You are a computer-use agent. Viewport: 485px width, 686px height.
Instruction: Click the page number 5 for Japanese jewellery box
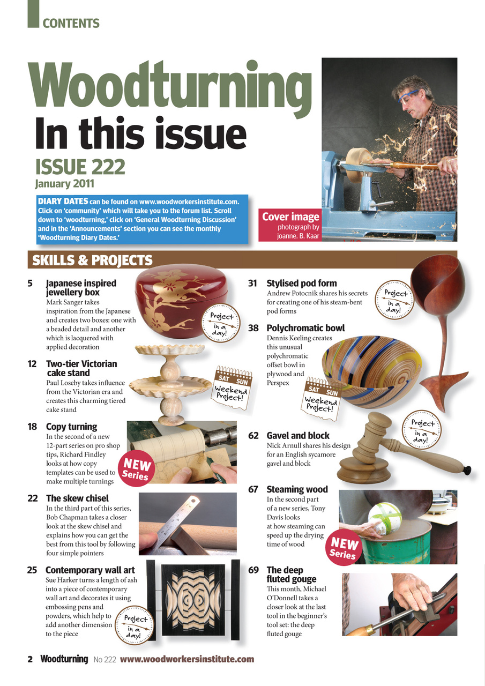31,283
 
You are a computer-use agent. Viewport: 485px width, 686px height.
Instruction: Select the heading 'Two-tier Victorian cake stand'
81,368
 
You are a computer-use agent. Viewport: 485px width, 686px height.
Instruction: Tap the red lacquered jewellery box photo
181,303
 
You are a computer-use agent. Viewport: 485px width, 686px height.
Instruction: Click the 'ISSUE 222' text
80,167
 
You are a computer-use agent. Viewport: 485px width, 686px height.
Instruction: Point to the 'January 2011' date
64,184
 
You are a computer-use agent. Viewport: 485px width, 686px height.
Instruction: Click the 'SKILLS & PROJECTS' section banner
92,260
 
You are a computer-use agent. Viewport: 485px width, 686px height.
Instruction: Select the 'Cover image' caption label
290,217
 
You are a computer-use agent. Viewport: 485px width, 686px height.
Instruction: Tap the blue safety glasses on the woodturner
409,95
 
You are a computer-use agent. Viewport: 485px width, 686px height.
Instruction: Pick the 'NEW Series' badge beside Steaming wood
343,548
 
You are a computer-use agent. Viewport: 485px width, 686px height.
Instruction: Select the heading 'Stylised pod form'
301,283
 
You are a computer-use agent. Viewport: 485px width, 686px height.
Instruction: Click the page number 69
253,570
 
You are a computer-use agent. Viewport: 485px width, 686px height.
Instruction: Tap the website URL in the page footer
186,659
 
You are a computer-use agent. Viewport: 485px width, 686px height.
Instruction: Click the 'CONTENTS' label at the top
71,24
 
